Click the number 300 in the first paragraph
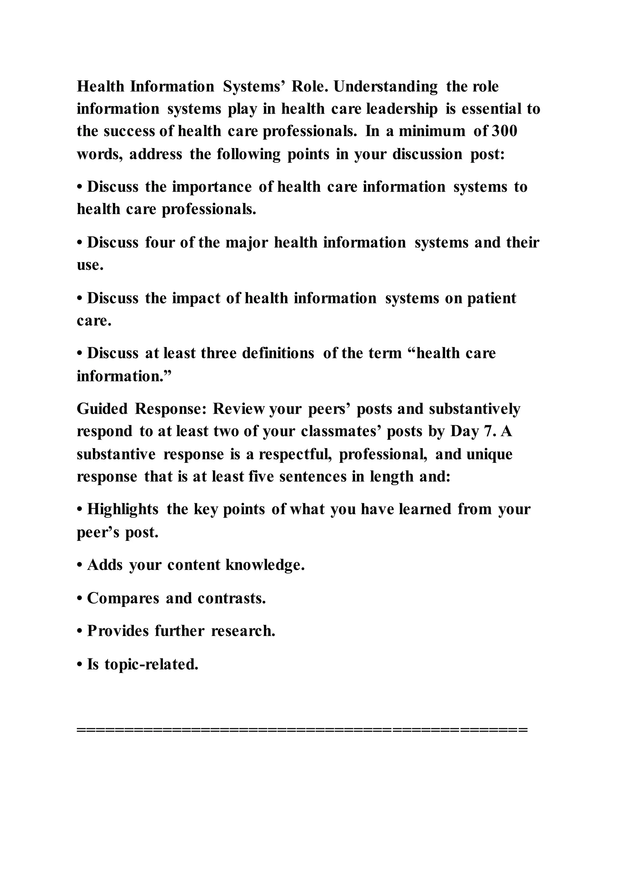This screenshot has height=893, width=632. point(505,131)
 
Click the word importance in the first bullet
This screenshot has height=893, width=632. point(212,187)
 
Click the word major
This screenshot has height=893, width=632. point(247,243)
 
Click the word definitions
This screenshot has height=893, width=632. point(278,354)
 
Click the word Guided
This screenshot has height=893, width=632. point(102,409)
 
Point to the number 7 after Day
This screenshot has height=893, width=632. point(488,432)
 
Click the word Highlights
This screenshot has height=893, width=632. point(123,509)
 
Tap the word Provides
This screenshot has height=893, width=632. point(118,631)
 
